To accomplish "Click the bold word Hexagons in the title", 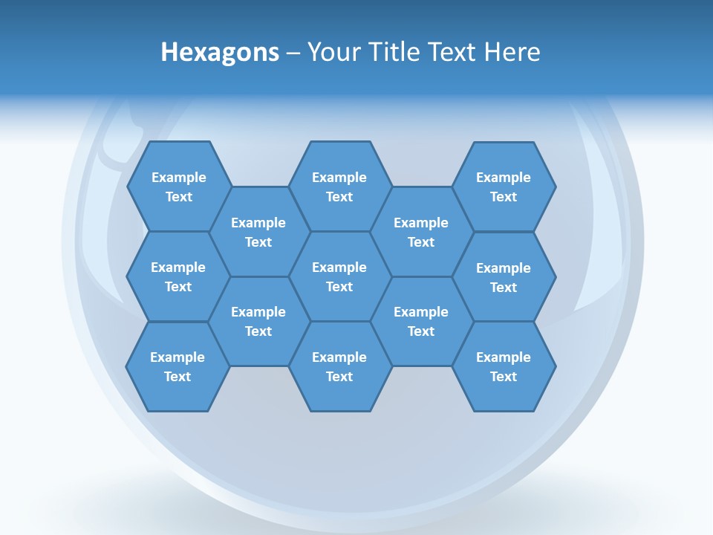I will coord(220,52).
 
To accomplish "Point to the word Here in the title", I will coord(512,52).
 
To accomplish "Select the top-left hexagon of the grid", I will coord(179,187).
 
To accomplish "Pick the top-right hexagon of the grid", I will coord(504,187).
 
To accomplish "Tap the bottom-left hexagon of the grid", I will coord(178,366).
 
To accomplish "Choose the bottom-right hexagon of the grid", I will coord(504,366).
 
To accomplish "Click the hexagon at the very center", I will coord(339,276).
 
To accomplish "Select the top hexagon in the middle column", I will coord(339,187).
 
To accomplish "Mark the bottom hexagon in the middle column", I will coord(339,366).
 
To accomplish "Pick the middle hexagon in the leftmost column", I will coord(178,276).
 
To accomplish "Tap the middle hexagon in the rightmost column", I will coord(504,277).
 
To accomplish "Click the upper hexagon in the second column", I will coord(258,232).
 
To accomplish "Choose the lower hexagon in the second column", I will coord(258,321).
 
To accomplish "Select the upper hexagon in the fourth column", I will coord(421,232).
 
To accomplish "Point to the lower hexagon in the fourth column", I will coord(421,321).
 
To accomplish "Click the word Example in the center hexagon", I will coord(339,267).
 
